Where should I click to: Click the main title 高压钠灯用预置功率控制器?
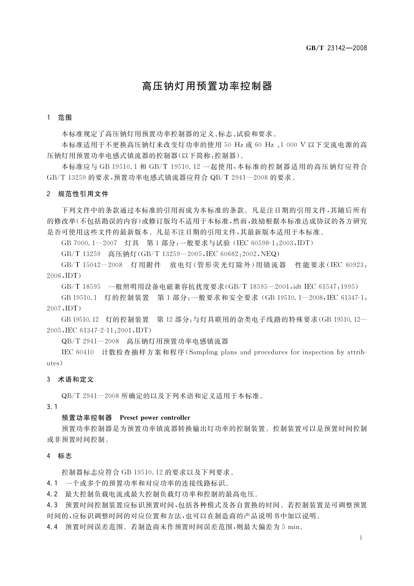(x=207, y=86)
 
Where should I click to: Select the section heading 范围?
(x=65, y=118)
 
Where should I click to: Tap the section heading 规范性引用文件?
(x=83, y=194)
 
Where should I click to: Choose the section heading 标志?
(x=65, y=456)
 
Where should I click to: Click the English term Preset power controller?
(x=155, y=418)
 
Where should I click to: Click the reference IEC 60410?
(x=78, y=352)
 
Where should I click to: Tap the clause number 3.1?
(x=52, y=407)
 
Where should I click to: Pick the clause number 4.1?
(x=52, y=483)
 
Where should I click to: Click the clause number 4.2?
(x=52, y=494)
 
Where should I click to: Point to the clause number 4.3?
(x=52, y=505)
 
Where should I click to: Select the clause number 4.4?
(x=52, y=527)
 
